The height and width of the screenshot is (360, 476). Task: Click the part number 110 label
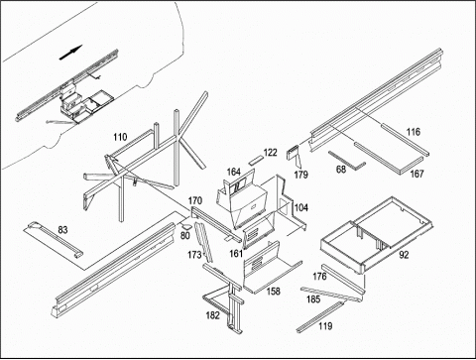point(120,137)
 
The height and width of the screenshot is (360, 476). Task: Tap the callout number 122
point(271,153)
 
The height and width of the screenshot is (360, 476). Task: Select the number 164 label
point(234,172)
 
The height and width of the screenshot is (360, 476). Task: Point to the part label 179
point(301,175)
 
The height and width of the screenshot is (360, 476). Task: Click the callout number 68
point(341,170)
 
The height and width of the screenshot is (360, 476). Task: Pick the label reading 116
point(414,132)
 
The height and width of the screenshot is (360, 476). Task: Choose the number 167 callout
point(416,174)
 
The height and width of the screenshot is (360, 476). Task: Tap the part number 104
point(301,207)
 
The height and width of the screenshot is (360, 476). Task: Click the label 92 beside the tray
point(404,255)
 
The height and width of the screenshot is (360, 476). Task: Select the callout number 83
point(62,229)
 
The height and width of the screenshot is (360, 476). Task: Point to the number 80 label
point(185,236)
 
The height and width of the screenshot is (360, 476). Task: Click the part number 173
point(194,255)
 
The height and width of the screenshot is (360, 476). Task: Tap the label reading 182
point(213,315)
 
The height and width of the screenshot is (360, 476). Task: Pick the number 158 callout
point(274,292)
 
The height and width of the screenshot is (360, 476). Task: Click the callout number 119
point(325,326)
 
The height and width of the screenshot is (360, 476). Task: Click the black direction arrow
point(70,53)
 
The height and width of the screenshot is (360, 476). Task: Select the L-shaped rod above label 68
point(347,160)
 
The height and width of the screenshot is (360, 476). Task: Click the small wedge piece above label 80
point(187,226)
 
